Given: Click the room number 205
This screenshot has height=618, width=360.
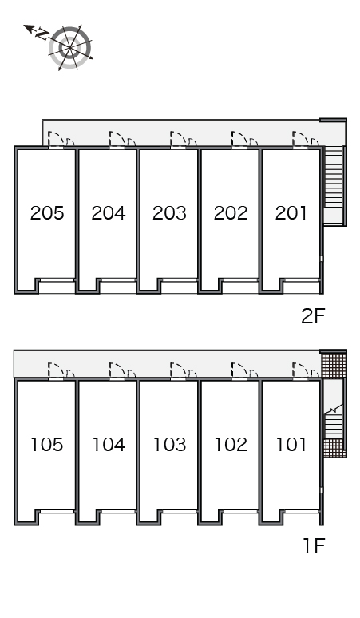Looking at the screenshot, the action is tap(47, 213).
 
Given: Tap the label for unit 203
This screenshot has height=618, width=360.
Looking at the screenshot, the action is tap(169, 213).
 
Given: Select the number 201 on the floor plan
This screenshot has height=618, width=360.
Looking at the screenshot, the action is tap(291, 213).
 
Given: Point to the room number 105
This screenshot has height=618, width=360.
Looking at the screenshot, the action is tap(47, 445).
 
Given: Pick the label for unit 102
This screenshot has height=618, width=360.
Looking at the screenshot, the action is tap(231, 445).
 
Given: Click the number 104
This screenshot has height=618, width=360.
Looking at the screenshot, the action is tap(109, 445).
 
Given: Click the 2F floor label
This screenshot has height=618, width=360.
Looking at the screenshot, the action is tap(313, 315).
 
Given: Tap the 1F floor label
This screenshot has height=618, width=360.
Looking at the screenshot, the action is tap(314, 546).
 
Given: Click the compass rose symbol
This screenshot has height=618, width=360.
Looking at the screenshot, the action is tap(70, 48).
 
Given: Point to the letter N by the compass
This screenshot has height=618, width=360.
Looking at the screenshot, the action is tap(41, 34).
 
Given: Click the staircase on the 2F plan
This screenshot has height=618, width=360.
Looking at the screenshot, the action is tap(333, 176).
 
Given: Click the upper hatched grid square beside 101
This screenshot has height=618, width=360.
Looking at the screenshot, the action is tap(333, 366).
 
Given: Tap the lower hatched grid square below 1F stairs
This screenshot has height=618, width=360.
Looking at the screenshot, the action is tap(334, 448).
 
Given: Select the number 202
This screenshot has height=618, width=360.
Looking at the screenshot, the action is tap(231, 213).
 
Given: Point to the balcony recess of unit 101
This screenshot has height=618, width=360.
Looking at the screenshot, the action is tap(301, 517).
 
